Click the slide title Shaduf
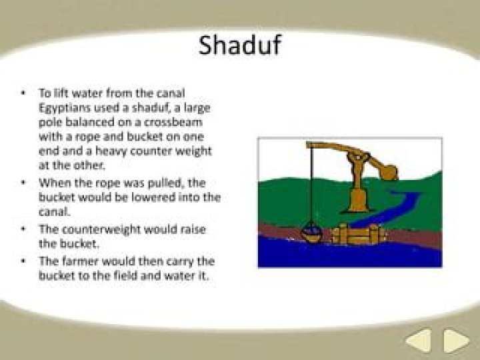click(240, 45)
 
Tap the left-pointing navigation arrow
click(419, 340)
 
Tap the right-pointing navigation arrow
click(456, 340)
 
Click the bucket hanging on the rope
click(311, 233)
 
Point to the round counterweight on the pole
click(389, 172)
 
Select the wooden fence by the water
click(357, 233)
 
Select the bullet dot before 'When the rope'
click(23, 183)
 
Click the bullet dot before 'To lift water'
click(23, 93)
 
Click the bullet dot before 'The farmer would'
click(23, 261)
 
